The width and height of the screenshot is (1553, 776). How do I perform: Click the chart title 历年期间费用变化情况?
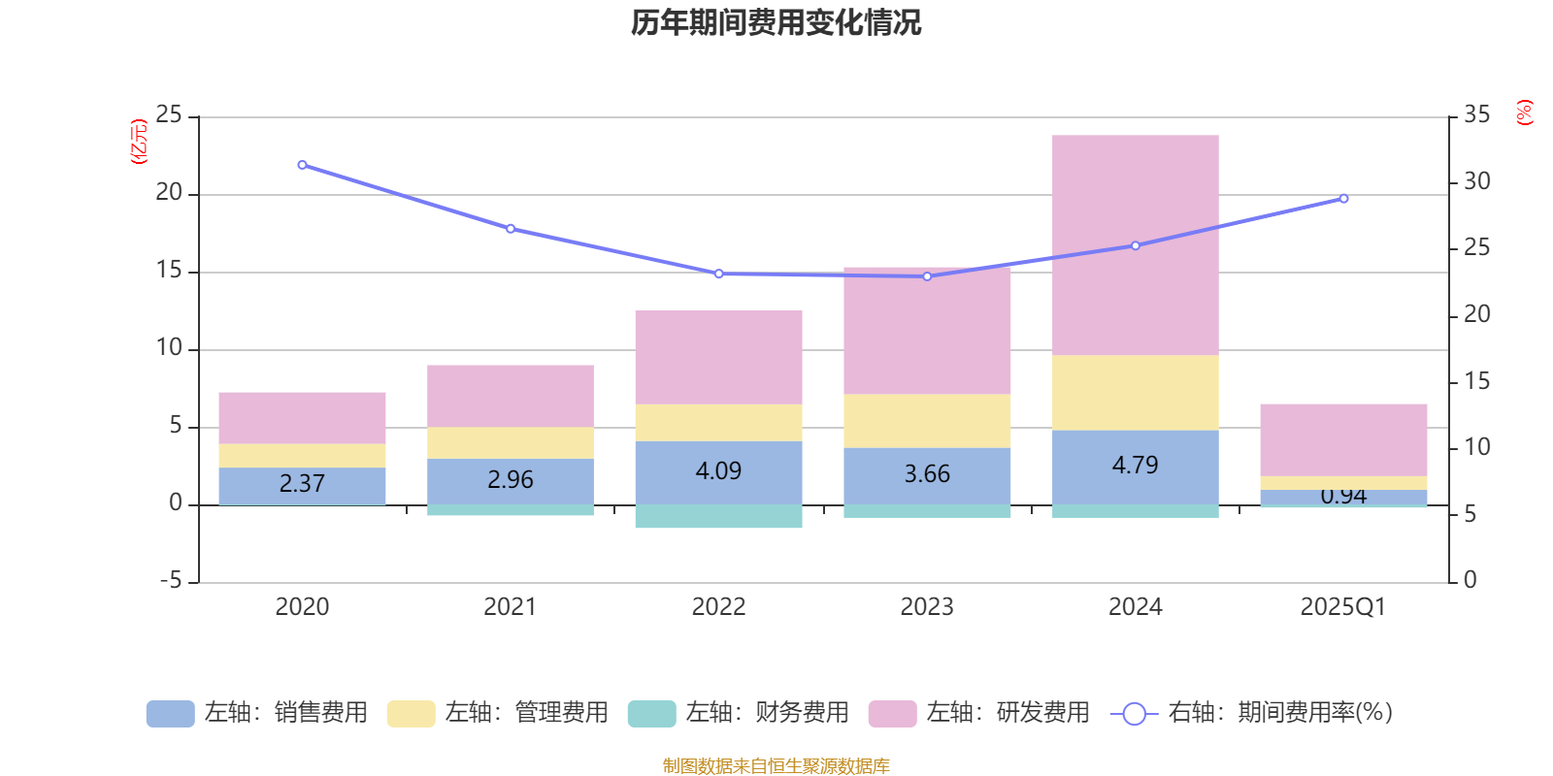(x=776, y=22)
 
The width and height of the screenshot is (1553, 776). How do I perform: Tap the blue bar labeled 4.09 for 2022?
(x=718, y=472)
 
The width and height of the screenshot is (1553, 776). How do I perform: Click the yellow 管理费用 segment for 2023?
(x=927, y=420)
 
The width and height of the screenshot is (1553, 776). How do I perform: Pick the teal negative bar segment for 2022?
(x=718, y=516)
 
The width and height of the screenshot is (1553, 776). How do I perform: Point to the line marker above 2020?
(x=302, y=165)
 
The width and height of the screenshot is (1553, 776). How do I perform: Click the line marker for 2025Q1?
(x=1343, y=199)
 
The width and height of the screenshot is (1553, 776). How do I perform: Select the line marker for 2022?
(x=718, y=274)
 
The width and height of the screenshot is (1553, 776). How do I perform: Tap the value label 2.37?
(x=302, y=483)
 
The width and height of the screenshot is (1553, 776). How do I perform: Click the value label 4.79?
(x=1135, y=466)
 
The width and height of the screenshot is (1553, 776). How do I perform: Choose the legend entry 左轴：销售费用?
(x=257, y=713)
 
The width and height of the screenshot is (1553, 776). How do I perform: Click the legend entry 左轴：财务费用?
(x=738, y=713)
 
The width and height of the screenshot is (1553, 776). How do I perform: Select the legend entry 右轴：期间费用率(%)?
(x=1257, y=713)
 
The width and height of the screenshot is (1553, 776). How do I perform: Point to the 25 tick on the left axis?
(x=169, y=115)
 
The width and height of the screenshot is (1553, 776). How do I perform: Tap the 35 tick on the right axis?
(x=1476, y=115)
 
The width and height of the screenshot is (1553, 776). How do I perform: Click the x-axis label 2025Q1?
(x=1342, y=607)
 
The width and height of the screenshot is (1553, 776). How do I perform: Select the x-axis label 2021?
(x=510, y=607)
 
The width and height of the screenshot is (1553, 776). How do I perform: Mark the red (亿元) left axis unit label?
(x=139, y=142)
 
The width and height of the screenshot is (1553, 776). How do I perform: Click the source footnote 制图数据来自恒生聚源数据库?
(x=776, y=766)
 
